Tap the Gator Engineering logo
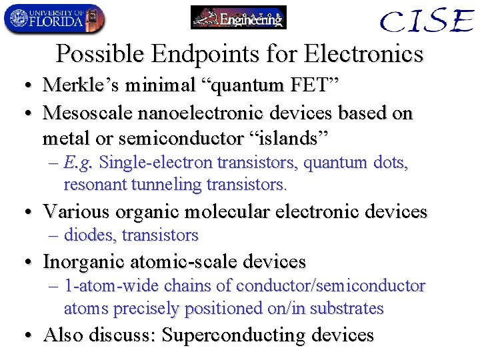pos(239,17)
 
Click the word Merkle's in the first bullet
pos(79,85)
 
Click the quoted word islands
pos(287,139)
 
